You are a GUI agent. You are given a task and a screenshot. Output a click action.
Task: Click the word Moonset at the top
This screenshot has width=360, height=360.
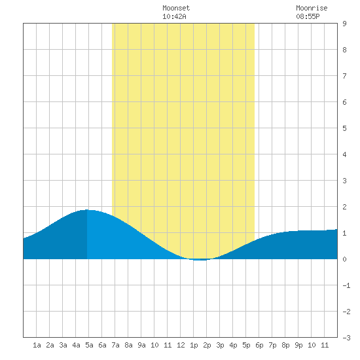tap(176, 8)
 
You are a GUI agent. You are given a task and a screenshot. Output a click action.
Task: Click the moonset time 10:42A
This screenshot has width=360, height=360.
tap(174, 16)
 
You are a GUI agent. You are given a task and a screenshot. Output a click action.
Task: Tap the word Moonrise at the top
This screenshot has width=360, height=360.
tap(312, 8)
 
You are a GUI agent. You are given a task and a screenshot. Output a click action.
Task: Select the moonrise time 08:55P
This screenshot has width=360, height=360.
tap(308, 16)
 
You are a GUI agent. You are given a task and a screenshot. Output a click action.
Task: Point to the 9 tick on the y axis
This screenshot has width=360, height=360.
tap(344, 24)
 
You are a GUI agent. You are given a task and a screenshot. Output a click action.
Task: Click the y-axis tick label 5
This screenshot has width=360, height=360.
tap(344, 128)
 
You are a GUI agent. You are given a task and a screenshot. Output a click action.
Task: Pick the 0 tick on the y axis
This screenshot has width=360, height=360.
tap(344, 259)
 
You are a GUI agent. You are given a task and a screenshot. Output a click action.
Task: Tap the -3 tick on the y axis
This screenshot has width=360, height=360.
tap(346, 338)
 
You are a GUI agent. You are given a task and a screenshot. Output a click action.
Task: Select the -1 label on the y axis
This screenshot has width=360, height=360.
tap(346, 285)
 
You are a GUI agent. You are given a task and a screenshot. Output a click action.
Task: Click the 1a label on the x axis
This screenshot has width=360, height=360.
tap(37, 345)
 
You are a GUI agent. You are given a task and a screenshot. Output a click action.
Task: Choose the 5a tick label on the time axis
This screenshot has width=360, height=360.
tap(89, 345)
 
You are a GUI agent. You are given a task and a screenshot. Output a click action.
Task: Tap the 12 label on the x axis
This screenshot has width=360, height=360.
tap(181, 345)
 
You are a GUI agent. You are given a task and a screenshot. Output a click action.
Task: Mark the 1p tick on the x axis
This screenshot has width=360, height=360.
tap(194, 345)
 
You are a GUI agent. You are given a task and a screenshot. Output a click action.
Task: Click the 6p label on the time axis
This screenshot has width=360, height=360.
tap(259, 345)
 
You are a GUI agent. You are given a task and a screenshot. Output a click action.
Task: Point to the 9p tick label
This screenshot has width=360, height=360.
tap(298, 345)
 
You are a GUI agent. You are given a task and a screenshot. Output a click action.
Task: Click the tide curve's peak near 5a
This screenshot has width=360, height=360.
tap(87, 209)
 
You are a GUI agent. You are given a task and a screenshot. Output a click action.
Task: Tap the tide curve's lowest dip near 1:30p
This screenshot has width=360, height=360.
tap(200, 260)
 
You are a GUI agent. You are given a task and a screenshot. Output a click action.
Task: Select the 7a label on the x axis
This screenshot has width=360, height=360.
tap(115, 345)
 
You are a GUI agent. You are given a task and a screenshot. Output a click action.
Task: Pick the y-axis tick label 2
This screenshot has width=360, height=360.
tap(344, 207)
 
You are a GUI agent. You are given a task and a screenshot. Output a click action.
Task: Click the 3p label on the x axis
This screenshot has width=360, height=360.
tap(220, 345)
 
